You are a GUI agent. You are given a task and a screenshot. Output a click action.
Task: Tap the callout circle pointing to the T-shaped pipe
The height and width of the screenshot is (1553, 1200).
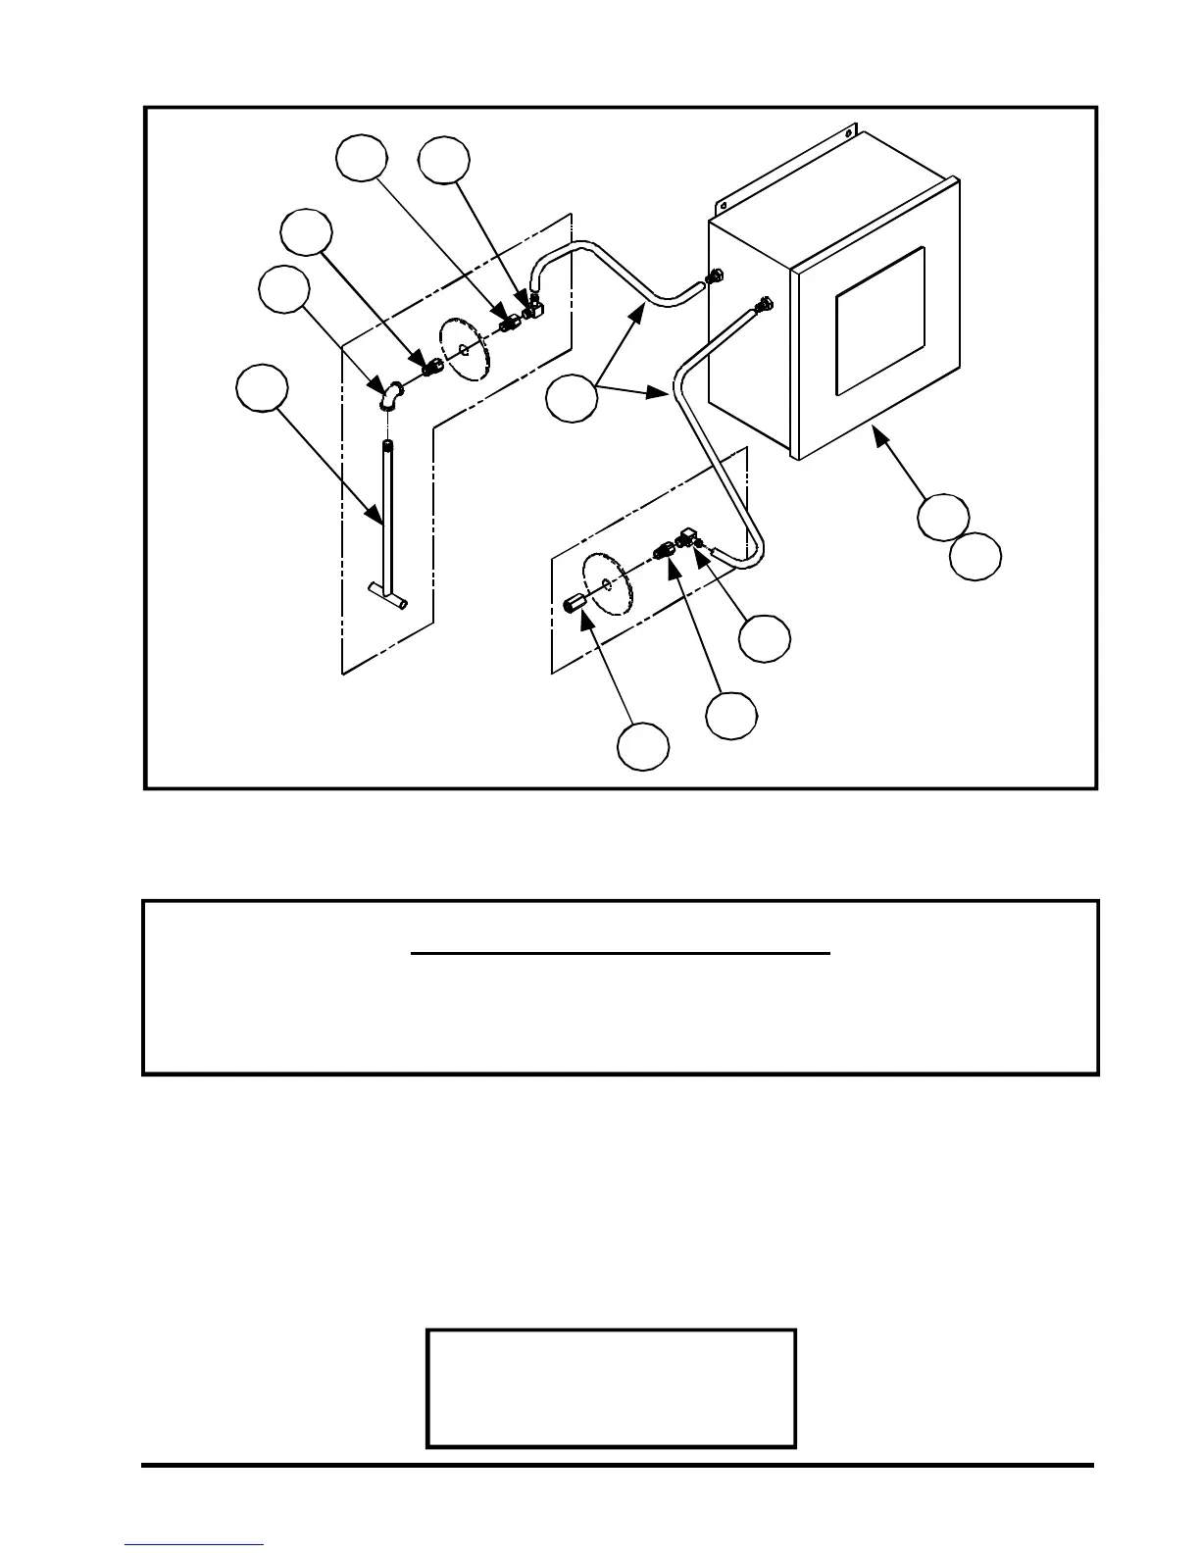tap(263, 389)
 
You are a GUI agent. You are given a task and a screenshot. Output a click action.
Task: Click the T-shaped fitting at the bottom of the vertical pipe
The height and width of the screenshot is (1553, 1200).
tap(389, 594)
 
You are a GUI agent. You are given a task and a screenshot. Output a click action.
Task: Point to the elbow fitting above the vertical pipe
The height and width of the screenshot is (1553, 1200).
tap(390, 395)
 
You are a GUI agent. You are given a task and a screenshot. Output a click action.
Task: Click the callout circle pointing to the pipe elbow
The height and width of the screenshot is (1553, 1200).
tap(284, 289)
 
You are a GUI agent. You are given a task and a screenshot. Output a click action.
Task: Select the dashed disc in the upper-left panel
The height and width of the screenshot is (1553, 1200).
tap(465, 347)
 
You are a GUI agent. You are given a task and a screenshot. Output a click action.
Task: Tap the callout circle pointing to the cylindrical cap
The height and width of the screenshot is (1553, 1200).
tap(643, 747)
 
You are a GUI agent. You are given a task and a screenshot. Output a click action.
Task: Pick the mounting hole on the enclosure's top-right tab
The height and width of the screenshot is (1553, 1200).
tap(849, 138)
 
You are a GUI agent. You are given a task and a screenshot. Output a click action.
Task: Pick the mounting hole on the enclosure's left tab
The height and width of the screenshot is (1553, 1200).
tap(721, 207)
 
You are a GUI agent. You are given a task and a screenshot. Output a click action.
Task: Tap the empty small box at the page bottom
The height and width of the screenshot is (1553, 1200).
tap(610, 1387)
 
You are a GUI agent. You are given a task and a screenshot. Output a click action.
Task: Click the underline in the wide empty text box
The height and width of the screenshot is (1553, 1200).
tap(620, 952)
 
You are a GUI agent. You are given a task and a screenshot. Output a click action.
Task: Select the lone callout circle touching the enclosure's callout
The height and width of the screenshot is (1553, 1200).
tap(975, 556)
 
